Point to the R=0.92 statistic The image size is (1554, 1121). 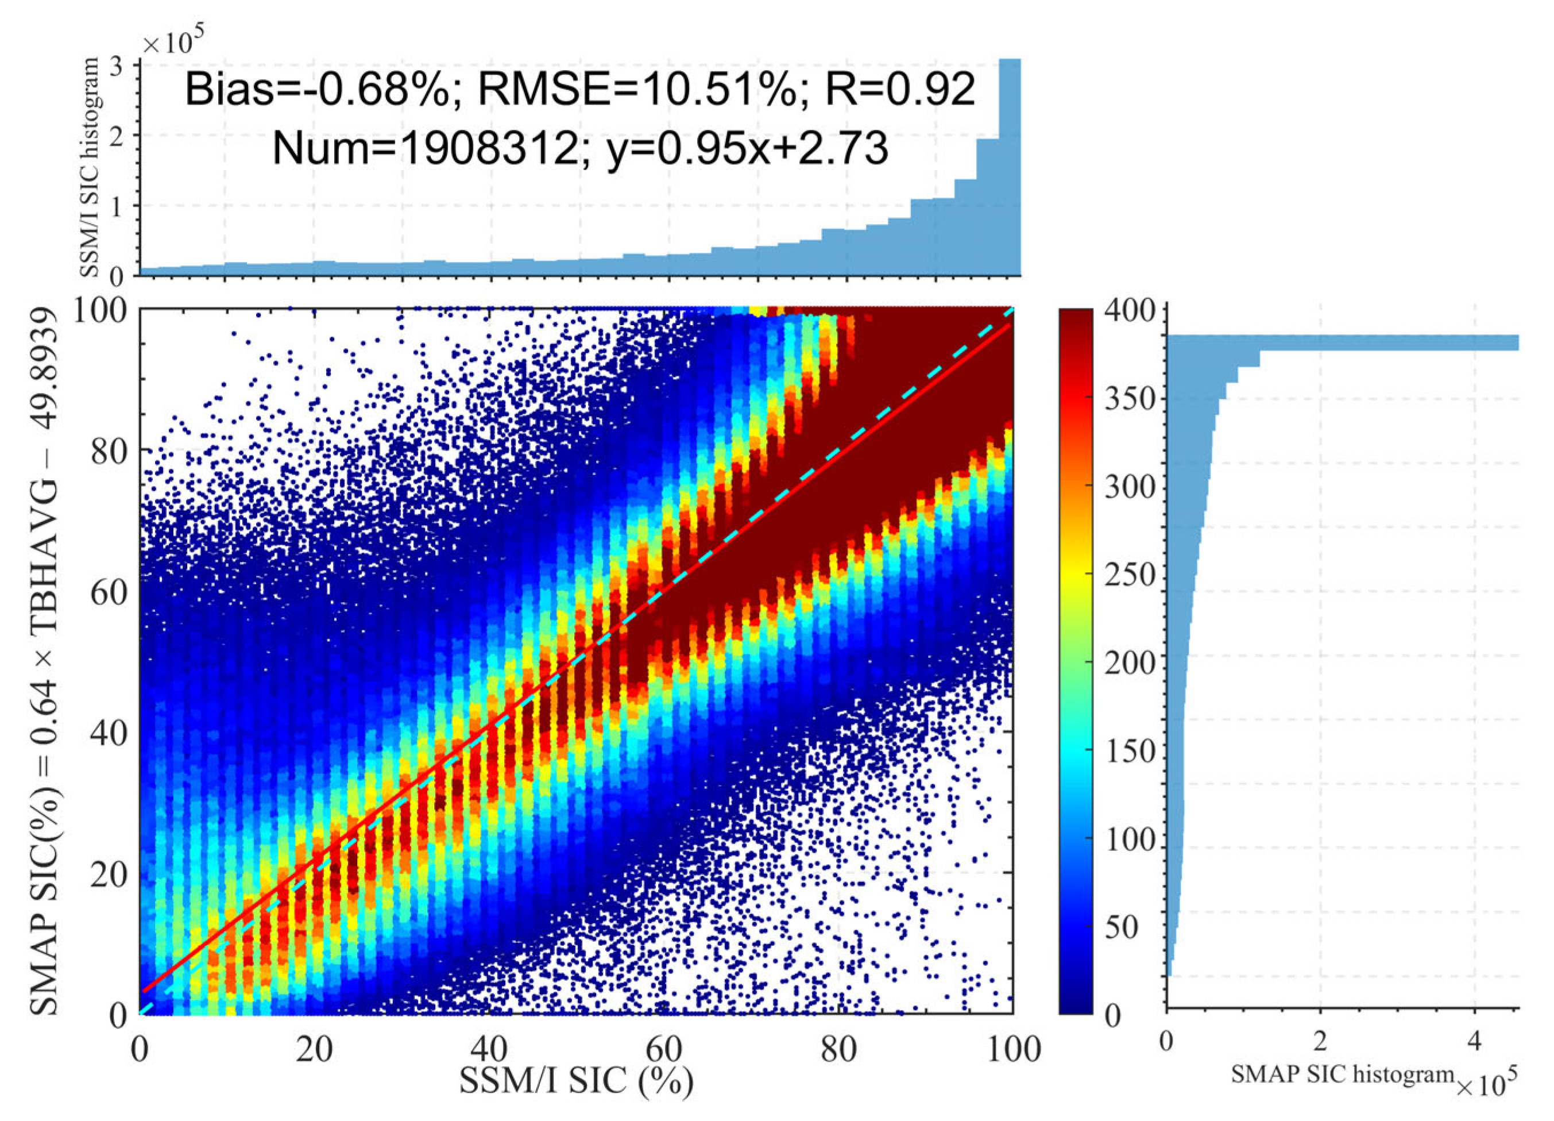point(900,90)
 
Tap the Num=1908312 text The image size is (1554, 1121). point(426,149)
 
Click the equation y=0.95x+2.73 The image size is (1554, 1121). point(748,149)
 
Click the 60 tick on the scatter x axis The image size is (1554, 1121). point(664,1049)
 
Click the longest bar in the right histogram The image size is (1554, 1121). point(1343,342)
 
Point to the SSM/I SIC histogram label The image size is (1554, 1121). point(90,167)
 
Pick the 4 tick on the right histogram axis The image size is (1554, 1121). point(1475,1042)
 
